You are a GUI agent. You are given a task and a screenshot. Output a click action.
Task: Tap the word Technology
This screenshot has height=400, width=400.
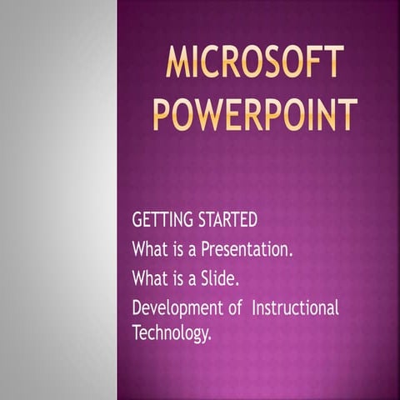170,333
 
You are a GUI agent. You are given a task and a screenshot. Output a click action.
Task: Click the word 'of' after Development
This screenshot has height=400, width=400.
236,307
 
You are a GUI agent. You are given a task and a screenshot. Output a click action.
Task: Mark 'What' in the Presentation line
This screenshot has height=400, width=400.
149,249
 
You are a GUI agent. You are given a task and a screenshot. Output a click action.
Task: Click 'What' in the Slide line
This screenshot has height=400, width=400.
149,277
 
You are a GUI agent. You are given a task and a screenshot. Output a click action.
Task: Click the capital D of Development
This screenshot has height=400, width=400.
137,307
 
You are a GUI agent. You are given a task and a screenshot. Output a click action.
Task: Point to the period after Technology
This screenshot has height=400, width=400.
210,337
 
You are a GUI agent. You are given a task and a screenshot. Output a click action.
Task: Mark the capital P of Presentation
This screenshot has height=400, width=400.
204,249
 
